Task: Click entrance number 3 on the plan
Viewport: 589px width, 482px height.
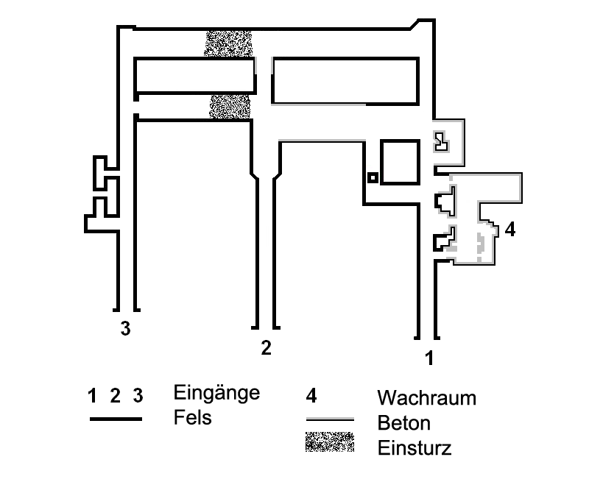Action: [x=126, y=329]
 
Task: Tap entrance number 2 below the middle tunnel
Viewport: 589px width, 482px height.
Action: [x=266, y=348]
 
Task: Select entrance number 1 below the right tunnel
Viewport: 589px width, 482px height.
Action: [x=428, y=359]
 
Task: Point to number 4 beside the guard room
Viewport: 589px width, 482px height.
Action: [x=510, y=229]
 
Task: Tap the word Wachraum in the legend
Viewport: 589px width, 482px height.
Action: [x=426, y=399]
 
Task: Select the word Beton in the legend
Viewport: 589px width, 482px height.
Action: [x=404, y=424]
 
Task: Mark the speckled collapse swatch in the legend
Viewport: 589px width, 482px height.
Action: [x=329, y=442]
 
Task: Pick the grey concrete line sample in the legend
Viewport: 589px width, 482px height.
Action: [x=330, y=419]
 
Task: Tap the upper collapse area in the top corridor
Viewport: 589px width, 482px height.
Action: [x=229, y=43]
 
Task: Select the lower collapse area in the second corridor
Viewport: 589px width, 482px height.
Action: [x=231, y=106]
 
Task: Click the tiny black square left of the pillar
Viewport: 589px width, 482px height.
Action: [x=373, y=177]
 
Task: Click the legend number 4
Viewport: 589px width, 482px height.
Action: [x=311, y=396]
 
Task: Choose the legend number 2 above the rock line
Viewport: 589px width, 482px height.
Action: [x=115, y=396]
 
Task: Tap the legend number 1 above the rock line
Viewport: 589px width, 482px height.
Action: [x=92, y=396]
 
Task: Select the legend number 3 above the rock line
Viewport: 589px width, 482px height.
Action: [x=138, y=396]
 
